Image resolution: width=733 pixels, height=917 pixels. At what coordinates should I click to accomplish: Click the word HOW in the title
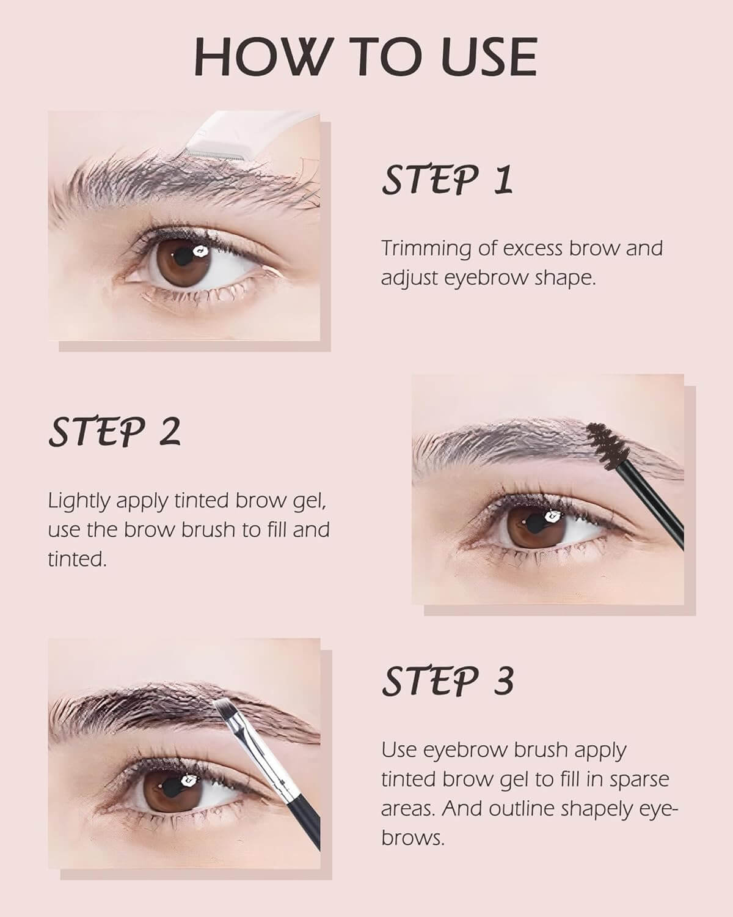point(262,57)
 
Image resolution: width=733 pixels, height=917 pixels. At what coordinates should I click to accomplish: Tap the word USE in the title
point(489,57)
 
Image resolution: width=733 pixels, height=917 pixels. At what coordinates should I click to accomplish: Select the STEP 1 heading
point(447,180)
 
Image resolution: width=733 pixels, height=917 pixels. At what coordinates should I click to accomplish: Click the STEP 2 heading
point(115,432)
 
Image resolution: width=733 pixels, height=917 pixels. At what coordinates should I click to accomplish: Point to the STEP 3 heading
point(448,680)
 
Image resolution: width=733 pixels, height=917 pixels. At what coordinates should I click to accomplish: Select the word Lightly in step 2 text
point(79,502)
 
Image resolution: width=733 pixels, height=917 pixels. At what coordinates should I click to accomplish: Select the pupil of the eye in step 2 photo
point(533,523)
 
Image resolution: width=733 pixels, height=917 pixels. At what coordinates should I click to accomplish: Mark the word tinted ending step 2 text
point(77,559)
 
